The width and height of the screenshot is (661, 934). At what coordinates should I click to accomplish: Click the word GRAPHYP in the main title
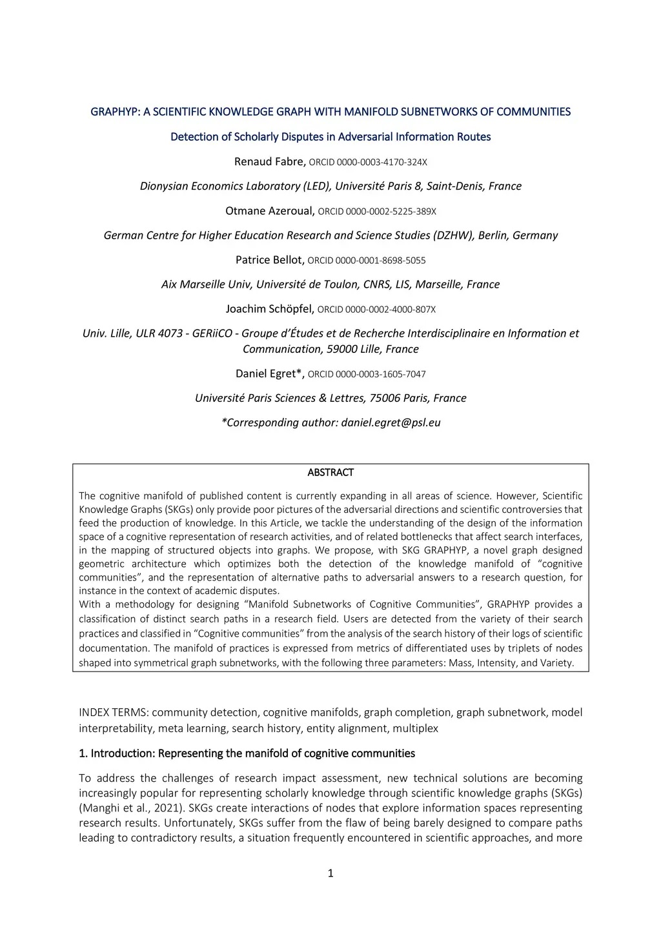click(x=115, y=112)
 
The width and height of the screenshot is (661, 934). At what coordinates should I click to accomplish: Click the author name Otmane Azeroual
click(x=270, y=211)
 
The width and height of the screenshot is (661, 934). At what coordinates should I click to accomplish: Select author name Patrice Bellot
click(x=269, y=260)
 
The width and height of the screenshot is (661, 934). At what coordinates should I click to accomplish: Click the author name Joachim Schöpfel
click(x=270, y=309)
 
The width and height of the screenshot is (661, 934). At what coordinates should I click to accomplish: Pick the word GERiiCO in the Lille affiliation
click(x=212, y=333)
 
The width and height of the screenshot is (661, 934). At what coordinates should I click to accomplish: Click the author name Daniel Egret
click(x=270, y=373)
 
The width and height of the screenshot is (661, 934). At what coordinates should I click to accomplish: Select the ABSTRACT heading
click(x=330, y=473)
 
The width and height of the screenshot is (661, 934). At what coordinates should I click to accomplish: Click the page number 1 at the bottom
click(x=330, y=873)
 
